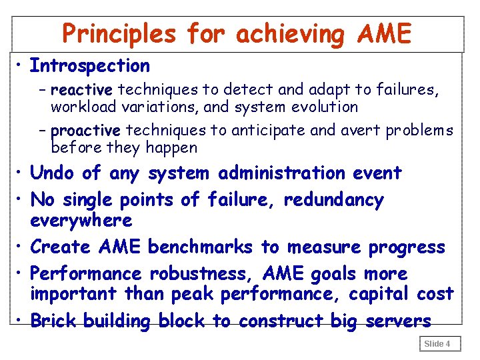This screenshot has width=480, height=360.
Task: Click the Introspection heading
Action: (x=90, y=66)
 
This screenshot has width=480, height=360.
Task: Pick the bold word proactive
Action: (x=86, y=130)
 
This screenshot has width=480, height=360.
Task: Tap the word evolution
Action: (x=323, y=107)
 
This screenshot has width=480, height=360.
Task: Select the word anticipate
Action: (x=260, y=130)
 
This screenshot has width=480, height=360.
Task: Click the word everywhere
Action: (x=81, y=220)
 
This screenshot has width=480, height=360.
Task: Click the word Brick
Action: (x=54, y=321)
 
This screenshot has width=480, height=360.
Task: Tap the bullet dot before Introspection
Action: (x=21, y=66)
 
